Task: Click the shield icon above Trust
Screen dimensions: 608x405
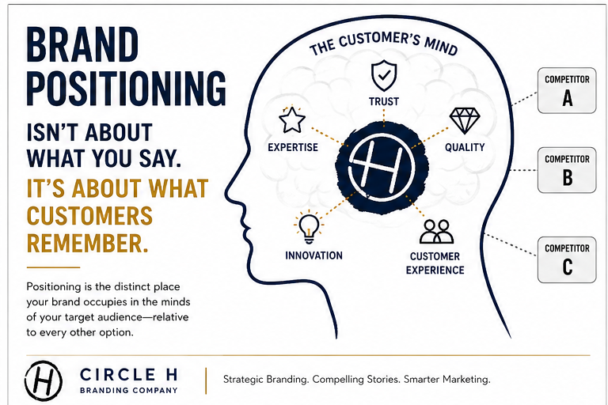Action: pos(384,75)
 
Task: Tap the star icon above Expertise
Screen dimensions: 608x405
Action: pos(292,119)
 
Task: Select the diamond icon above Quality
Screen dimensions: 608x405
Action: pos(465,120)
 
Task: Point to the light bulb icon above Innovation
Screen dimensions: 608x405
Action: pos(309,228)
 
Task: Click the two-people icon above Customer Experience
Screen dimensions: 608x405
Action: pos(437,232)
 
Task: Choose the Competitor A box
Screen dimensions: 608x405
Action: pos(567,90)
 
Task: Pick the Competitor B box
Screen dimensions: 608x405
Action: pos(567,170)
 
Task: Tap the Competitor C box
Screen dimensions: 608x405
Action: pos(567,259)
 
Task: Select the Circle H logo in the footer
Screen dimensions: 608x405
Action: pos(43,380)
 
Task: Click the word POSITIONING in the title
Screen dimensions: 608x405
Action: pos(126,88)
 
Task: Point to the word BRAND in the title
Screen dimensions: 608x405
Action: pos(82,44)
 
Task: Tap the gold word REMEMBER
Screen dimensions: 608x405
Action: pos(88,244)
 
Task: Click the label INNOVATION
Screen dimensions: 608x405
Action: pos(314,255)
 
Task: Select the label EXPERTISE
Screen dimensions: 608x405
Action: pos(293,147)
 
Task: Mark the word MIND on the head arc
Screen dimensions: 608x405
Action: pos(441,46)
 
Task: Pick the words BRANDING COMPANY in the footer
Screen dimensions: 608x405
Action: pos(129,390)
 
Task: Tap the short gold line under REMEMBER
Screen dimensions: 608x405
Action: pos(53,267)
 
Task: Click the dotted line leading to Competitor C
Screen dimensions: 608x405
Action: pos(511,244)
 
